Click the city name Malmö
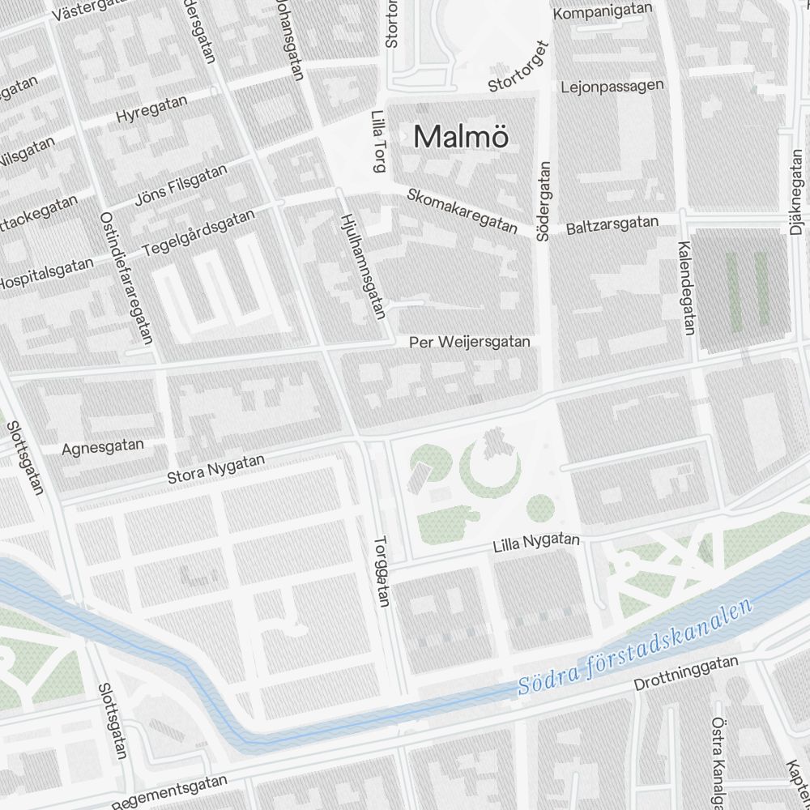(x=461, y=137)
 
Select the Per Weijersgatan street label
(x=470, y=342)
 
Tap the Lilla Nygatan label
(x=536, y=544)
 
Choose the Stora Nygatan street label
(x=215, y=469)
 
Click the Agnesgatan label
(x=103, y=446)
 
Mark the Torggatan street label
(x=382, y=574)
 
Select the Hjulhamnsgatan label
(x=361, y=265)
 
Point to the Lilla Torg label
(x=377, y=142)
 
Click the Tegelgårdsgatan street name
(x=198, y=233)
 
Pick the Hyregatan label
(x=151, y=109)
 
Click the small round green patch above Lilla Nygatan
(x=539, y=508)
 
